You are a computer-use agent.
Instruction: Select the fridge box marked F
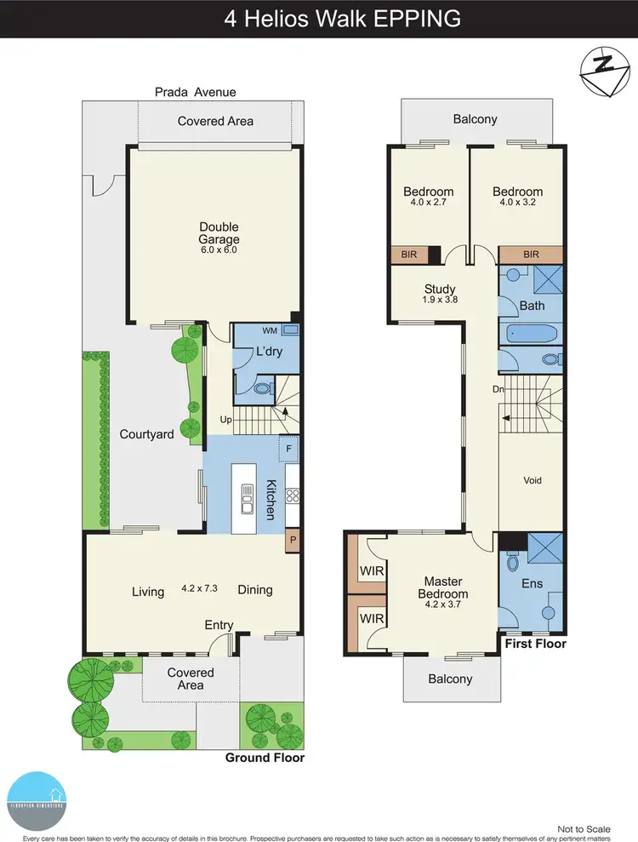click(289, 449)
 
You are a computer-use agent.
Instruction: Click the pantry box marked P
click(293, 540)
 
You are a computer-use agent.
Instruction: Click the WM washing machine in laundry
click(291, 329)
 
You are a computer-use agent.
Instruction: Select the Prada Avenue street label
click(195, 92)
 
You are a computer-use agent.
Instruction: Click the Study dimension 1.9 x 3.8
click(440, 301)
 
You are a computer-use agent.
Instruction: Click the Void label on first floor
click(533, 480)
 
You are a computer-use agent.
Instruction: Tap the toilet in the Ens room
click(513, 563)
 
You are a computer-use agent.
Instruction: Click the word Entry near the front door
click(219, 626)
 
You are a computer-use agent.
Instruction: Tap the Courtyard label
click(146, 434)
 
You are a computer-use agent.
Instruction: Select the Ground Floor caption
click(264, 758)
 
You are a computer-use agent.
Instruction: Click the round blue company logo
click(36, 801)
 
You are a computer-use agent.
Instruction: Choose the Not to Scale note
click(584, 828)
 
